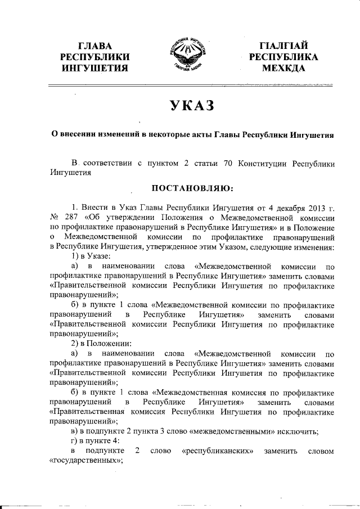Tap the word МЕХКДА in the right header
[283, 68]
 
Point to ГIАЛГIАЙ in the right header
[283, 46]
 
